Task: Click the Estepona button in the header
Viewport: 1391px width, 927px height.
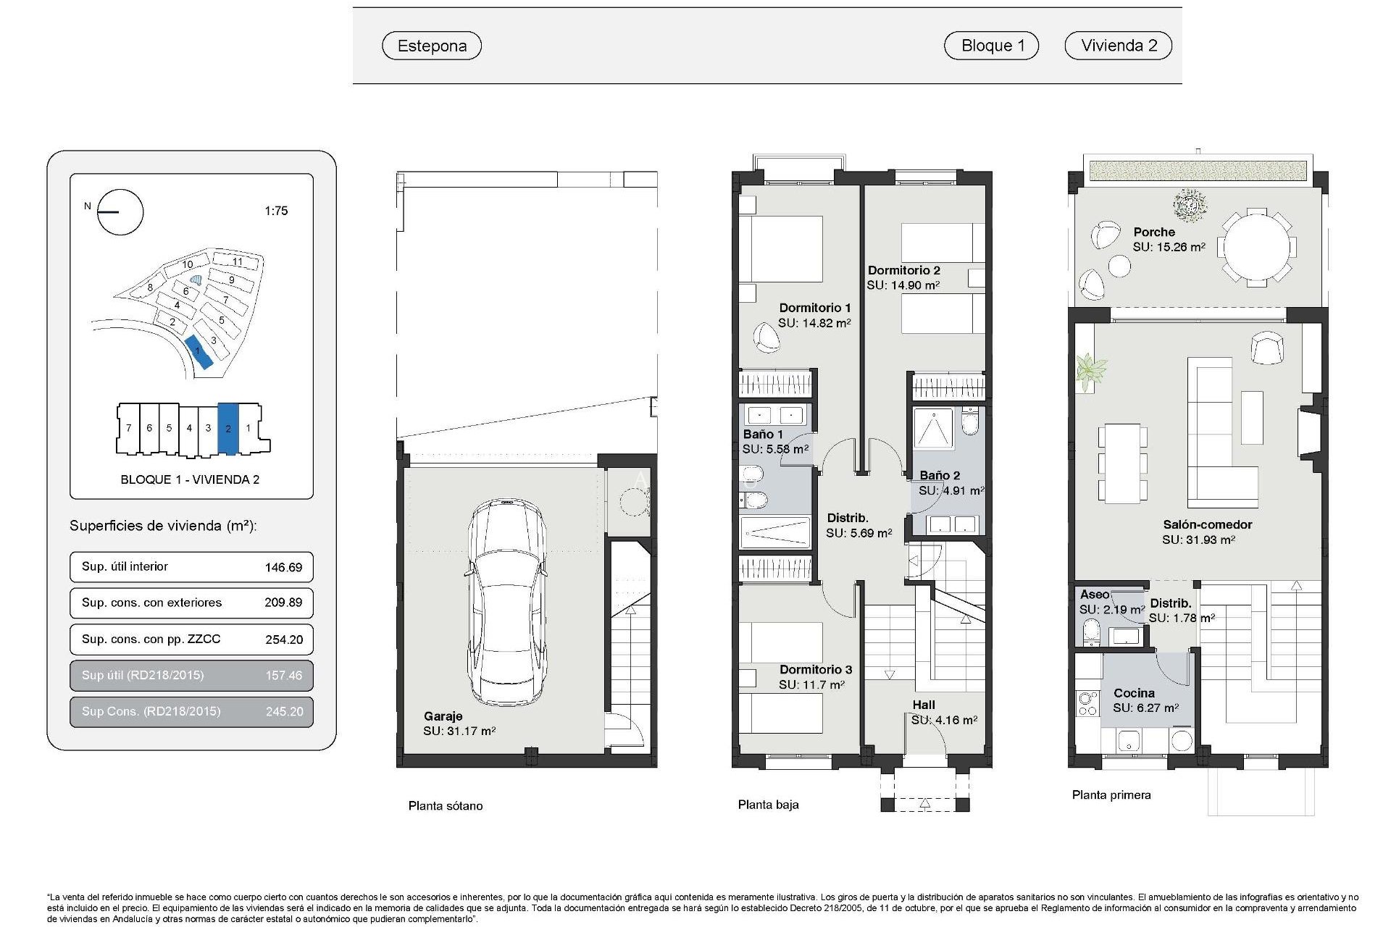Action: (x=432, y=46)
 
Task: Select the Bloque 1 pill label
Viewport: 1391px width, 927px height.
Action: (x=992, y=46)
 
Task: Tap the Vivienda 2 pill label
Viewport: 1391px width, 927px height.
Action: (x=1119, y=46)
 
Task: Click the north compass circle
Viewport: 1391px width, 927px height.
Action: (x=120, y=212)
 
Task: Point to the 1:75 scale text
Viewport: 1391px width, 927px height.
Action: (x=276, y=211)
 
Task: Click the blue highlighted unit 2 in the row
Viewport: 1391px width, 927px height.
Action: (x=228, y=429)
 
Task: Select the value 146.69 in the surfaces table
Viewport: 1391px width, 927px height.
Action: (x=283, y=567)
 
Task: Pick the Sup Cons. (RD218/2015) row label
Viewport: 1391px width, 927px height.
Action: (x=151, y=711)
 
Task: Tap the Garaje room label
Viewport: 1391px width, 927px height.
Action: (x=443, y=716)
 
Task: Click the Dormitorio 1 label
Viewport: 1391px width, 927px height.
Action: (x=814, y=308)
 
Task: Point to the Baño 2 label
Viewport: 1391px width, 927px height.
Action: (x=940, y=475)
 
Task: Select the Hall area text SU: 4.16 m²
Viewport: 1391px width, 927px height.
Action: (x=944, y=720)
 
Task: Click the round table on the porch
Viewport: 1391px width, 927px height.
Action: (x=1256, y=246)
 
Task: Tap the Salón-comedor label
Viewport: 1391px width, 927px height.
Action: (x=1207, y=524)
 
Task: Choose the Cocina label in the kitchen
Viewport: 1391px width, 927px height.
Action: (x=1134, y=693)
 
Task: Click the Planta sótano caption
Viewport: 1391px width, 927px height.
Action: (x=445, y=805)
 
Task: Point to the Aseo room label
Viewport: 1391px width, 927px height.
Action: (x=1094, y=595)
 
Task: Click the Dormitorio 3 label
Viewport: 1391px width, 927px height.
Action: (x=815, y=669)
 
